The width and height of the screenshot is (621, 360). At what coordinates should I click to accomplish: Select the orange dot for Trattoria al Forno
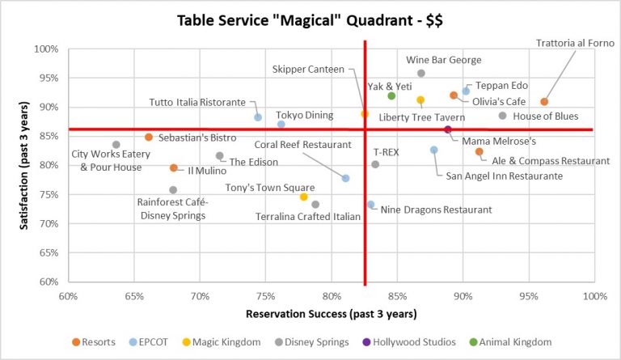click(x=544, y=102)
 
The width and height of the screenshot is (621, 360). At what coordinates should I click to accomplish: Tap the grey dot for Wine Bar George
click(x=421, y=74)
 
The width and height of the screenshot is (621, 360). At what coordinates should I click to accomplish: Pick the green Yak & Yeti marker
click(x=391, y=96)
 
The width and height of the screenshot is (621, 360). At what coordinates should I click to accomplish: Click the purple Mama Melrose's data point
click(x=448, y=129)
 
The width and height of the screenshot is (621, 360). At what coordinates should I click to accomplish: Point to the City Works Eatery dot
click(x=116, y=145)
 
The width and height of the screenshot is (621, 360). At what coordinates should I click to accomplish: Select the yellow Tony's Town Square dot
click(x=303, y=197)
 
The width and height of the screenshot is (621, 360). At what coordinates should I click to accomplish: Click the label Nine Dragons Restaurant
click(x=436, y=210)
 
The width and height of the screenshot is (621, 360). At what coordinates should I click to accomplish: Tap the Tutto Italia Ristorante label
click(x=197, y=103)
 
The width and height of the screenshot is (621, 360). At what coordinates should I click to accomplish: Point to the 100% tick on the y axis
click(x=46, y=49)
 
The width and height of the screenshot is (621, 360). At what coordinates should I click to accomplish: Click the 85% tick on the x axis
click(x=397, y=296)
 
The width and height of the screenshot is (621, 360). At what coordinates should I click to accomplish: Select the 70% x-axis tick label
click(x=200, y=296)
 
